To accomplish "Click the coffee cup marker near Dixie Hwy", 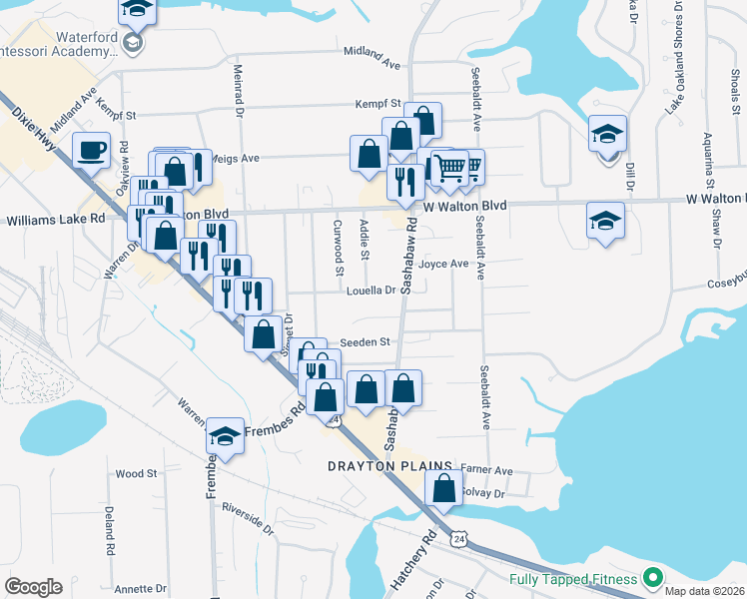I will (91, 150).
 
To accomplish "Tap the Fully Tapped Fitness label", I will (572, 579).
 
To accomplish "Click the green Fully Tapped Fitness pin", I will (653, 577).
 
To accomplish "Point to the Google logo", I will (33, 587).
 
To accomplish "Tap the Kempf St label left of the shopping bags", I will (378, 104).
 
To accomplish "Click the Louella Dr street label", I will (372, 291).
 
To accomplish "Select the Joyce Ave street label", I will (443, 265).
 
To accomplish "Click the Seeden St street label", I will (364, 342).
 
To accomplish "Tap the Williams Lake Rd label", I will (56, 218).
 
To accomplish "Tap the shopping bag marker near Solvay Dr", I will (443, 489).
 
